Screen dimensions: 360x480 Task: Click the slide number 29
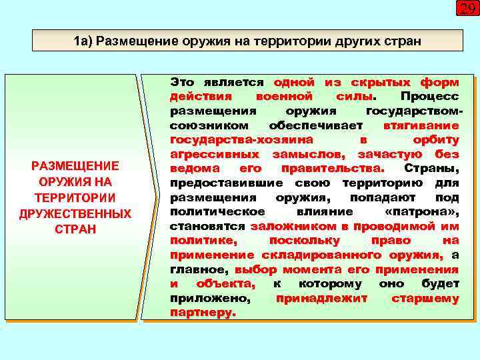coord(466,9)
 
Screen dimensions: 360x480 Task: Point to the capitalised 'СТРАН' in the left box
coord(75,229)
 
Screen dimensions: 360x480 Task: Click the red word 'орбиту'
coord(436,139)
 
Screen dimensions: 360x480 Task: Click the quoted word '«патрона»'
coord(422,211)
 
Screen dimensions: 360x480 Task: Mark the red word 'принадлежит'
coord(321,298)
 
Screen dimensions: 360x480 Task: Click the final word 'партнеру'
coord(202,312)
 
